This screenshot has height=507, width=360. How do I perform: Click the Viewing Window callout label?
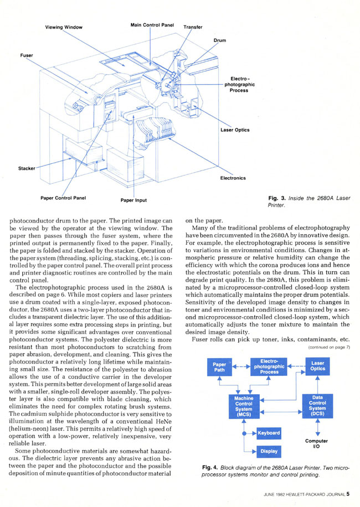coord(64,27)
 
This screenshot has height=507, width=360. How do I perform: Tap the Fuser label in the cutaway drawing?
coord(27,55)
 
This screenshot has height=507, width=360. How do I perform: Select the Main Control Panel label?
coord(152,25)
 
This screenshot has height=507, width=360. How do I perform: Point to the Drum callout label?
coord(220,40)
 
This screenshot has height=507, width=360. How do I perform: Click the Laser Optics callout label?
coord(235,130)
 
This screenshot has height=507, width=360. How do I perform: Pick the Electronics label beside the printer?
coord(233,178)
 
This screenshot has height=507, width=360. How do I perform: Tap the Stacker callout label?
coord(27,168)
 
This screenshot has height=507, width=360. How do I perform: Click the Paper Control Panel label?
coord(63,198)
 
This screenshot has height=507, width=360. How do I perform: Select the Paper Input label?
coord(133,200)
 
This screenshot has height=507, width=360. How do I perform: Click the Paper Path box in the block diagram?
coord(219,367)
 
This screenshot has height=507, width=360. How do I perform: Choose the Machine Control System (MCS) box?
coord(244,406)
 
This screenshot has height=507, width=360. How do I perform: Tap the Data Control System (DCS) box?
coord(317,406)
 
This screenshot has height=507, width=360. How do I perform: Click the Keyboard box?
coord(269,433)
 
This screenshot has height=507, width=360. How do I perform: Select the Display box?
coord(269,452)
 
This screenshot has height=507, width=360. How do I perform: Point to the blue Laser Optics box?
coord(317,366)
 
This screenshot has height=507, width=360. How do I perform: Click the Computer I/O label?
coord(316,444)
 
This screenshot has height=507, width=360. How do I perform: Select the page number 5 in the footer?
coord(348,494)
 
